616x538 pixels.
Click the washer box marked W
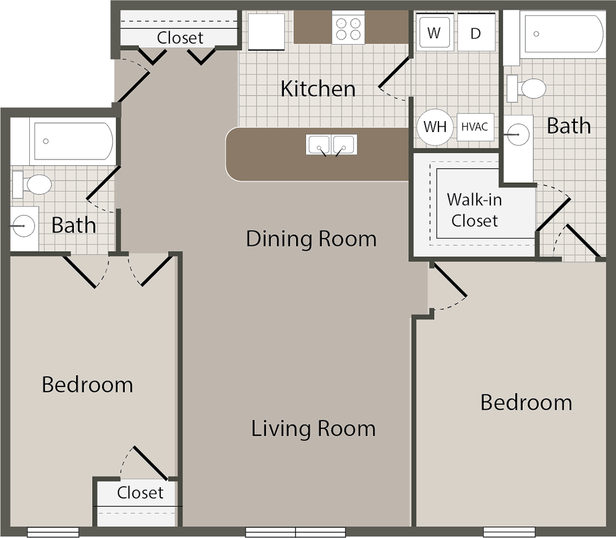(434, 33)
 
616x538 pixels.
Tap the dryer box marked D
(475, 33)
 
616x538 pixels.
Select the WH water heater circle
(435, 126)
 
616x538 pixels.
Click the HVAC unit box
(475, 126)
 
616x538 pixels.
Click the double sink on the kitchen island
(332, 145)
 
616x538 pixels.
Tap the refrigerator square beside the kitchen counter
(266, 31)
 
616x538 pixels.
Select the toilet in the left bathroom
(33, 184)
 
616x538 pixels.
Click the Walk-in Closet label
(474, 210)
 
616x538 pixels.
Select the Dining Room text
(311, 239)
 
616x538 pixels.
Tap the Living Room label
(313, 429)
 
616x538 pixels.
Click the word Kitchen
(318, 89)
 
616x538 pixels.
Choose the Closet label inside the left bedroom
(140, 493)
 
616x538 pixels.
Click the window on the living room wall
(295, 532)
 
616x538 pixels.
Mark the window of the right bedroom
(506, 532)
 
